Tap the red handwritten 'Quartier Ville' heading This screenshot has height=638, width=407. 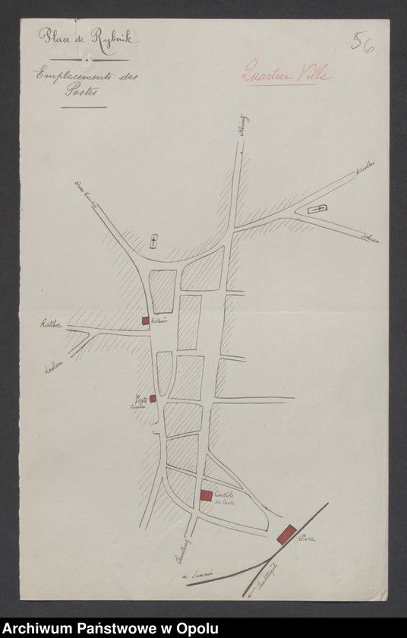click(286, 75)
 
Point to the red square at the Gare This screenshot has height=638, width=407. click(287, 533)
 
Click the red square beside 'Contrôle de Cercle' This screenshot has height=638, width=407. click(206, 495)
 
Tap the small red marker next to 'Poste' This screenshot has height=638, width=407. click(153, 398)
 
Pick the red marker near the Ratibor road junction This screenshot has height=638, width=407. click(145, 321)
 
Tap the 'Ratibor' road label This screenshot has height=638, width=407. click(51, 324)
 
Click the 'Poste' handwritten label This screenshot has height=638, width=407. click(140, 400)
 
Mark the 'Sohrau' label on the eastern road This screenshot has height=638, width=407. click(371, 240)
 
